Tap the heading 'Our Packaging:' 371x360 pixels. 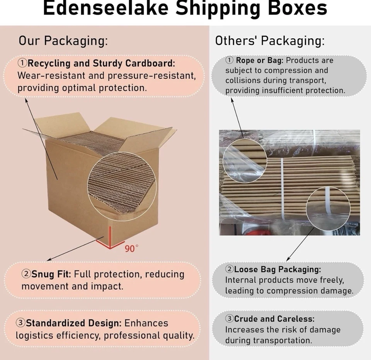coord(63,41)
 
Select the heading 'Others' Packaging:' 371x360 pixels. coord(270,41)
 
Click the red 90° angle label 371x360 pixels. coord(131,248)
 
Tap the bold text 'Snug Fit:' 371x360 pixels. coord(51,274)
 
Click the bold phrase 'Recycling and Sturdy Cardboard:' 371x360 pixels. coord(101,63)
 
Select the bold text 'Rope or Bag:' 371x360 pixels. coord(260,60)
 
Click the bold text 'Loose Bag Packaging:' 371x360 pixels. coord(277,269)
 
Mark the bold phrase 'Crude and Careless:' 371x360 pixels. coord(274,319)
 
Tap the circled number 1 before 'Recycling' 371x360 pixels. coord(23,63)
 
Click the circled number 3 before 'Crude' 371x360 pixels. coord(230,319)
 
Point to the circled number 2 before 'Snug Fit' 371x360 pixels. coord(26,274)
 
